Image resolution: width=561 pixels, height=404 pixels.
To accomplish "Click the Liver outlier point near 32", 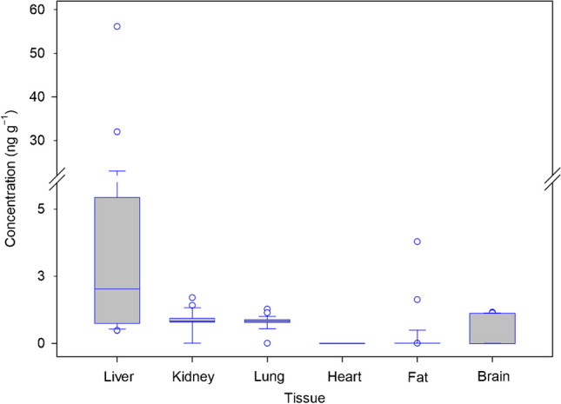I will click(x=117, y=132).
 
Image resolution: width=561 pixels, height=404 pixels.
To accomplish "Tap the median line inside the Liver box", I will click(x=117, y=288).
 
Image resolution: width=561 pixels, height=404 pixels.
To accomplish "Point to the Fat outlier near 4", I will click(x=417, y=242).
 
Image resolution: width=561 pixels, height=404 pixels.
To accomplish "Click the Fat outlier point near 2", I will click(x=417, y=300).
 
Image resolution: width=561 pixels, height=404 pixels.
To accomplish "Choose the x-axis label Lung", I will click(x=268, y=377).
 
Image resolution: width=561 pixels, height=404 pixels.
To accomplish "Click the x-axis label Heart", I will click(x=343, y=377).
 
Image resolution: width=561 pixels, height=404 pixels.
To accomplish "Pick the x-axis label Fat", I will click(x=417, y=377).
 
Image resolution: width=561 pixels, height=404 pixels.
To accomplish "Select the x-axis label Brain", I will click(x=492, y=377).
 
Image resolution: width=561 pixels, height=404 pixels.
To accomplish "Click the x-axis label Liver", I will click(x=117, y=377).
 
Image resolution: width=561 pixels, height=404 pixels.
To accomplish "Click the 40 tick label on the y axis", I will click(x=39, y=96).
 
